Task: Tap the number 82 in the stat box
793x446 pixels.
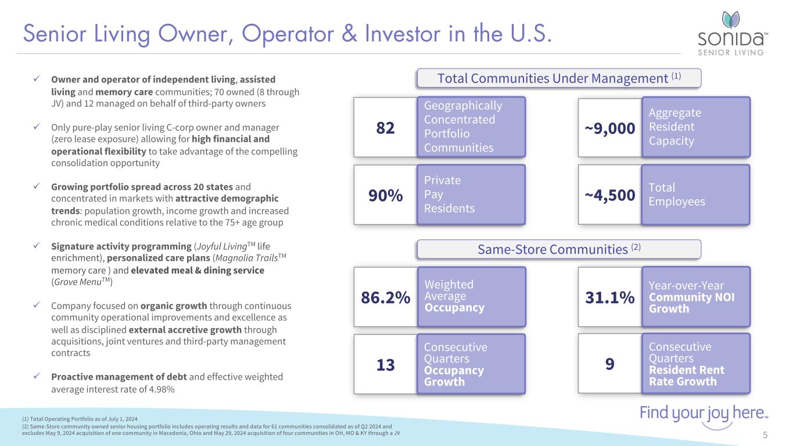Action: coord(386,128)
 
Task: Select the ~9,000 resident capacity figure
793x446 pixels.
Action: coord(610,128)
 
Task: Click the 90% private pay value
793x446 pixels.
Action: coord(386,196)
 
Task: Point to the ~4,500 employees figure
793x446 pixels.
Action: coord(610,196)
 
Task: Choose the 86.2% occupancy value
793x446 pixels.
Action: coord(386,298)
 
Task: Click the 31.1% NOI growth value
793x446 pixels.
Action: coord(610,298)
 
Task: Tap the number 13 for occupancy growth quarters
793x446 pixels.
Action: coord(386,365)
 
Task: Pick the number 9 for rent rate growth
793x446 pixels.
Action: coord(609,364)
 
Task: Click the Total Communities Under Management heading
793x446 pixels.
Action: coord(559,78)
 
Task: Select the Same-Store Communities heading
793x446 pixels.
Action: coord(559,250)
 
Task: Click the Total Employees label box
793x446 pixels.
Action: coord(695,195)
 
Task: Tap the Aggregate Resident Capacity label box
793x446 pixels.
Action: coord(695,127)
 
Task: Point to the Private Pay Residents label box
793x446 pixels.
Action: coord(471,195)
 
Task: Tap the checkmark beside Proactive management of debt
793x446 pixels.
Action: coord(37,377)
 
